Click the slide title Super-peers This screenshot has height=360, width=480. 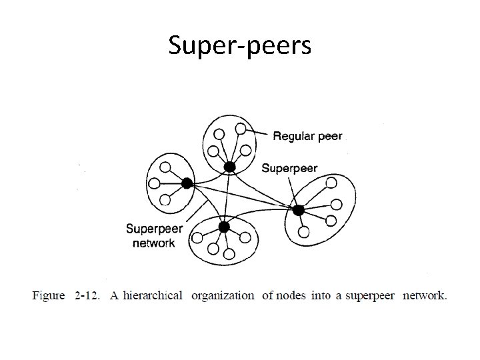[x=239, y=45]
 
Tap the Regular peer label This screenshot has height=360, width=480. [x=307, y=136]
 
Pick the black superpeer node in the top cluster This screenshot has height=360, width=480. [x=229, y=166]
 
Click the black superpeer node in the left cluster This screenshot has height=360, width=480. [x=187, y=182]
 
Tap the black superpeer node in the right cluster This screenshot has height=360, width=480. [x=298, y=210]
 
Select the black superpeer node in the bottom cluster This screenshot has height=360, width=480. [x=224, y=227]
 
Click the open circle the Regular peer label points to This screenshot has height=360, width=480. [x=240, y=128]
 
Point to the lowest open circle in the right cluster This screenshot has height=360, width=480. [x=303, y=232]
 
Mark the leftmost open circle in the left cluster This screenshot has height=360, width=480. [x=155, y=183]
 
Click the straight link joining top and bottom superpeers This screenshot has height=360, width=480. [x=227, y=197]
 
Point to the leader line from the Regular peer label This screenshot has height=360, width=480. [x=257, y=131]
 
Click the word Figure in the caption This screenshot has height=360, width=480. [x=49, y=295]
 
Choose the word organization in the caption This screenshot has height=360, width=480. [x=223, y=295]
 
